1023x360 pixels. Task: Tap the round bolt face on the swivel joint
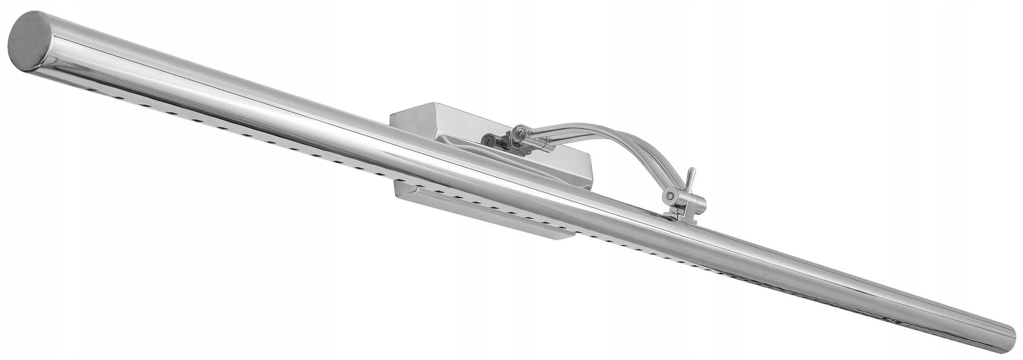[x=670, y=196]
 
